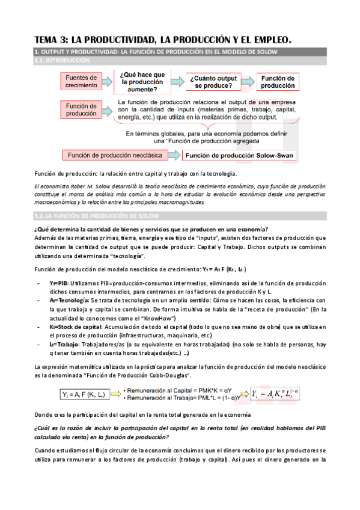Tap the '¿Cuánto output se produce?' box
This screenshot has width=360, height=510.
tap(215, 82)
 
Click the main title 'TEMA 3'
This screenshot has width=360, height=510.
tap(162, 40)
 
